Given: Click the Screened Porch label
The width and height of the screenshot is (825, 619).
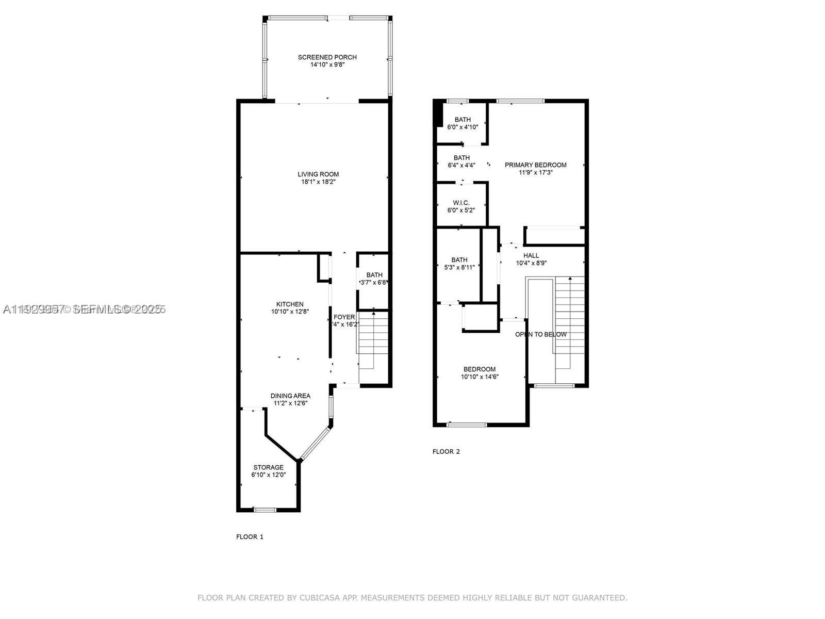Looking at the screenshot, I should coord(327,57).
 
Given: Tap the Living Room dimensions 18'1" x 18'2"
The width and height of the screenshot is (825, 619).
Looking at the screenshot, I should coord(320,182).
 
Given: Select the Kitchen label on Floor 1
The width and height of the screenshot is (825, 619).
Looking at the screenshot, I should coord(290,304).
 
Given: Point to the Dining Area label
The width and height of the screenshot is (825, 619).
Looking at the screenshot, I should coord(290,396).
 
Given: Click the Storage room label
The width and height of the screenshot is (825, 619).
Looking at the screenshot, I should coord(268,467).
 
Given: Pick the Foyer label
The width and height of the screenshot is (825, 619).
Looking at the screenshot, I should coord(344,317).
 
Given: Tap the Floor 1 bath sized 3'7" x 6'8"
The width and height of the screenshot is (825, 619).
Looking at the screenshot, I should coord(374,279).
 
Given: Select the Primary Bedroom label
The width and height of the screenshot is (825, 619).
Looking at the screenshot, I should coord(535,165).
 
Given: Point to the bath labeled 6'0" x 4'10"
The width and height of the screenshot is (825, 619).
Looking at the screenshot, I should coord(463,123).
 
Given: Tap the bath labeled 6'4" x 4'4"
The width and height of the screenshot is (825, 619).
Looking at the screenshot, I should coord(461,161).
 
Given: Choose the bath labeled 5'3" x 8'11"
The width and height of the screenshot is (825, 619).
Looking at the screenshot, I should coord(459,263).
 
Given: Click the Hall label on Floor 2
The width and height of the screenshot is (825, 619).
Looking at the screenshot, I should coord(531,255).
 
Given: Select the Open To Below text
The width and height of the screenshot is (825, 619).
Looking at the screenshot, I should coord(541,334).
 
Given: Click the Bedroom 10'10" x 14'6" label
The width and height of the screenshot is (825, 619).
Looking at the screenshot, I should coord(480,369).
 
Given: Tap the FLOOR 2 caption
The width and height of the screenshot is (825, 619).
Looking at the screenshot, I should coord(446,451).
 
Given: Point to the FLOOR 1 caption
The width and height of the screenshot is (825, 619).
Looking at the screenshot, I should coord(250,536).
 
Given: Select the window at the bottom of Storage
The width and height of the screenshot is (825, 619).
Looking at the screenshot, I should coord(265,510).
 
